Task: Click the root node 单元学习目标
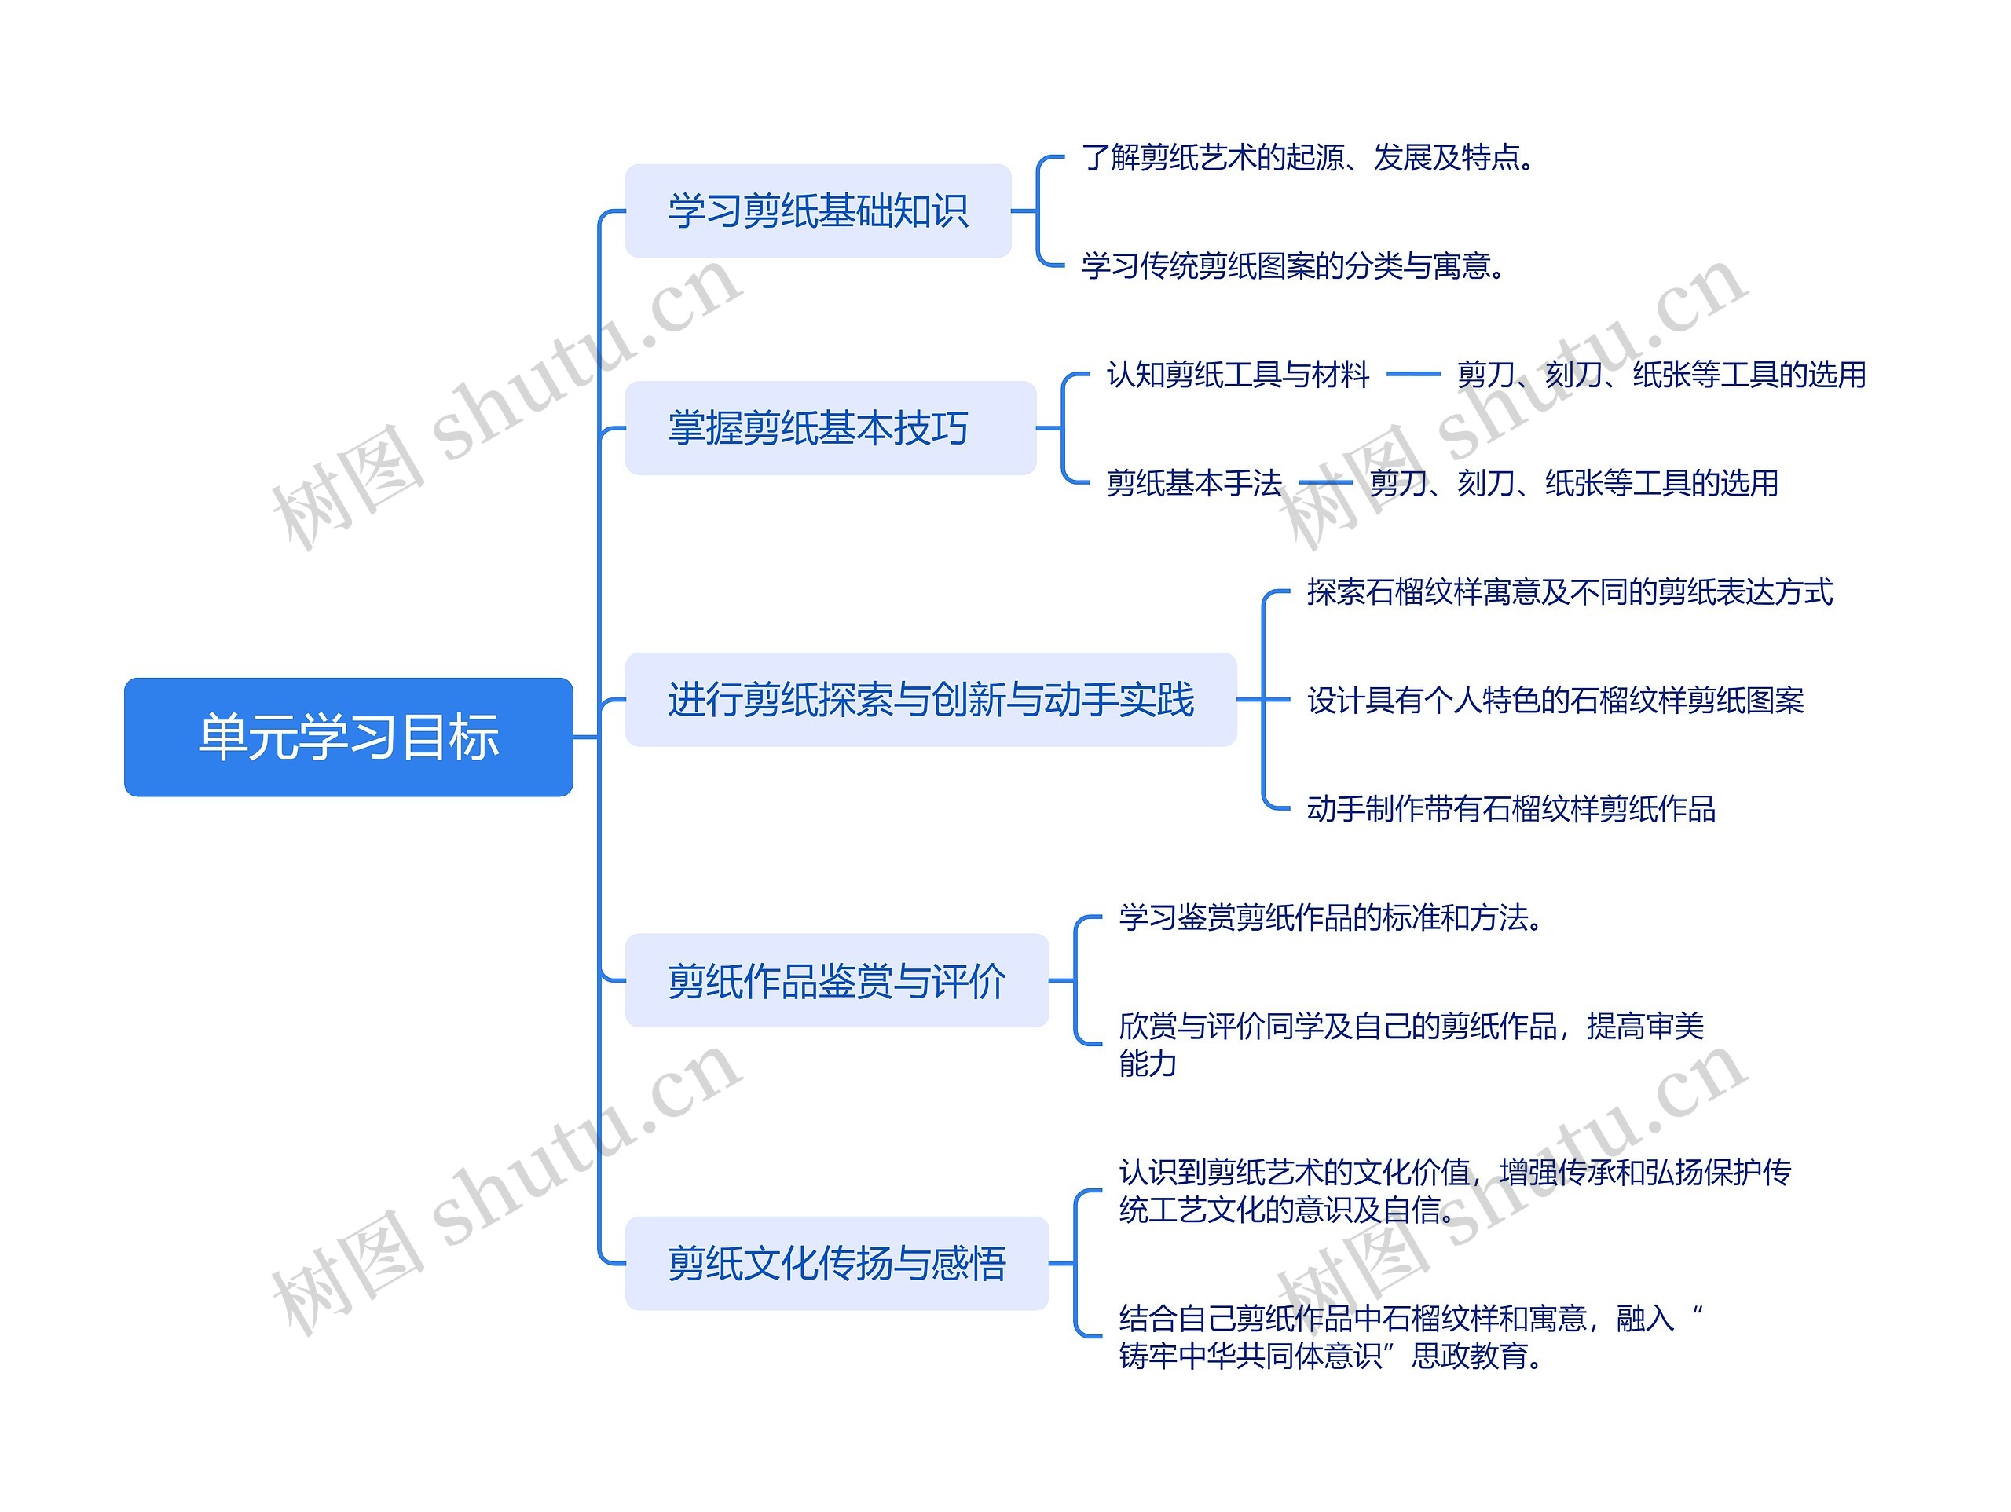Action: pyautogui.click(x=348, y=737)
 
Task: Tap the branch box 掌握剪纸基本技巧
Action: pyautogui.click(x=830, y=428)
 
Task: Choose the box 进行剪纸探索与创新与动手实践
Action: pyautogui.click(x=930, y=699)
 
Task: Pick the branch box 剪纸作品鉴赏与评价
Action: pyautogui.click(x=837, y=981)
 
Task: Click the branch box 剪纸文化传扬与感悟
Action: pyautogui.click(x=837, y=1263)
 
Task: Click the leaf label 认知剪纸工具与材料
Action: pyautogui.click(x=1237, y=375)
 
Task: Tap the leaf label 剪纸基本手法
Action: pyautogui.click(x=1194, y=483)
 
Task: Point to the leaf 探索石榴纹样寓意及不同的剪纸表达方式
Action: pyautogui.click(x=1570, y=592)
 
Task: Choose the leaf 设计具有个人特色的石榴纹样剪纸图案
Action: pyautogui.click(x=1555, y=700)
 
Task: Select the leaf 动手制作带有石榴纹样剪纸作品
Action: pyautogui.click(x=1511, y=808)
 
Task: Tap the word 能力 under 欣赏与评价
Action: pyautogui.click(x=1148, y=1063)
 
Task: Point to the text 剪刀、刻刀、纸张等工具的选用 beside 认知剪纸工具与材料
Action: pyautogui.click(x=1661, y=375)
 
